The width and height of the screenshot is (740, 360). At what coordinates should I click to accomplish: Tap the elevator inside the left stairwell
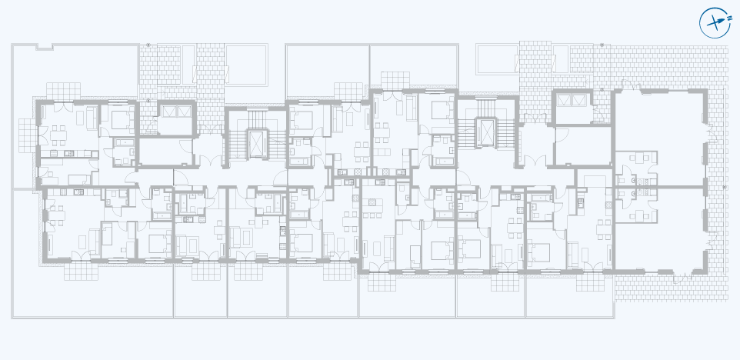[258, 144]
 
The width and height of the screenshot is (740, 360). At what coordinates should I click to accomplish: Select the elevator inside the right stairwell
[487, 133]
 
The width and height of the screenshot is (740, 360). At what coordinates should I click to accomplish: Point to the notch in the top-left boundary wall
[45, 46]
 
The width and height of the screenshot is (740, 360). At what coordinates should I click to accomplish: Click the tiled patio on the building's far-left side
[28, 135]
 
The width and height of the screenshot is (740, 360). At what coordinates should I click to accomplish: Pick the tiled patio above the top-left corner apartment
[63, 91]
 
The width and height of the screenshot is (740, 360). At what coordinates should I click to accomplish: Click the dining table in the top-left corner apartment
[59, 135]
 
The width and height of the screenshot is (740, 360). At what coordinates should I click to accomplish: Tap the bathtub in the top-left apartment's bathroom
[125, 142]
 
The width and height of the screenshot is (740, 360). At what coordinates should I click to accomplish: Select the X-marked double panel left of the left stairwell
[176, 112]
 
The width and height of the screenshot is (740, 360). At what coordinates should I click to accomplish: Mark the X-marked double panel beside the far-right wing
[572, 100]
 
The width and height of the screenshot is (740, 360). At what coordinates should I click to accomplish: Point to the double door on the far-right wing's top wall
[632, 86]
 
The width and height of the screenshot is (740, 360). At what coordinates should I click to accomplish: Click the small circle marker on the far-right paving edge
[725, 188]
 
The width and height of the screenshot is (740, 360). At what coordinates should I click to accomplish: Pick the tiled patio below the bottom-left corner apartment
[82, 272]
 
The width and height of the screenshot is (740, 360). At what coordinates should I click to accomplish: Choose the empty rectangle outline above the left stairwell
[245, 65]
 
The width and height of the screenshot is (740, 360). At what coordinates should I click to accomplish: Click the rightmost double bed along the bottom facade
[539, 252]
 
